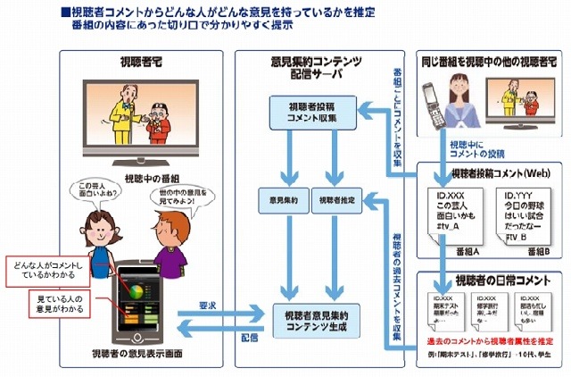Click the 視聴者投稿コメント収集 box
(302, 111)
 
